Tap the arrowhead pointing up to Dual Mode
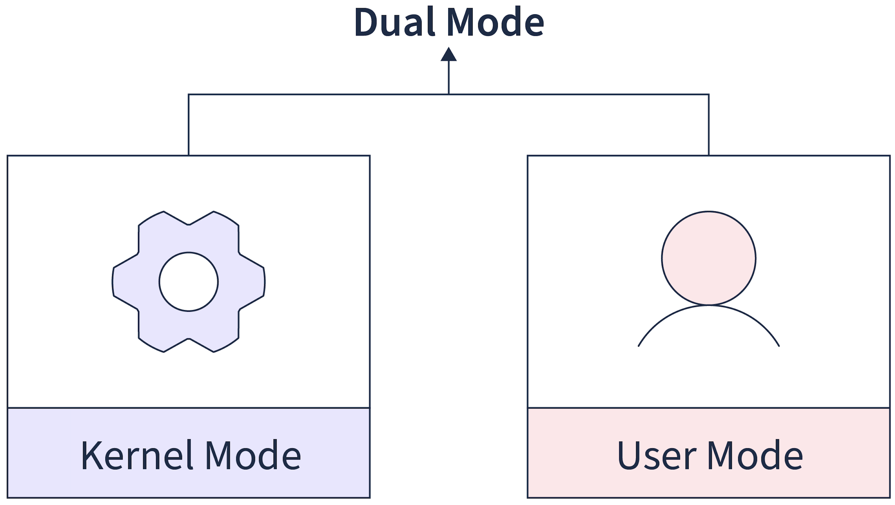click(448, 55)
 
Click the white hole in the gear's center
click(189, 282)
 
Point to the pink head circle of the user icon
click(709, 258)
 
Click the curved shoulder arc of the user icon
click(709, 306)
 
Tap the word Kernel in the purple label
click(137, 455)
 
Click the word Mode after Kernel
click(253, 455)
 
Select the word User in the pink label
click(657, 455)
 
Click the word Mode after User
click(755, 455)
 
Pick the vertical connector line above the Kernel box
click(189, 125)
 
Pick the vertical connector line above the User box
click(709, 125)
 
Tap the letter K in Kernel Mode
click(92, 455)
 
